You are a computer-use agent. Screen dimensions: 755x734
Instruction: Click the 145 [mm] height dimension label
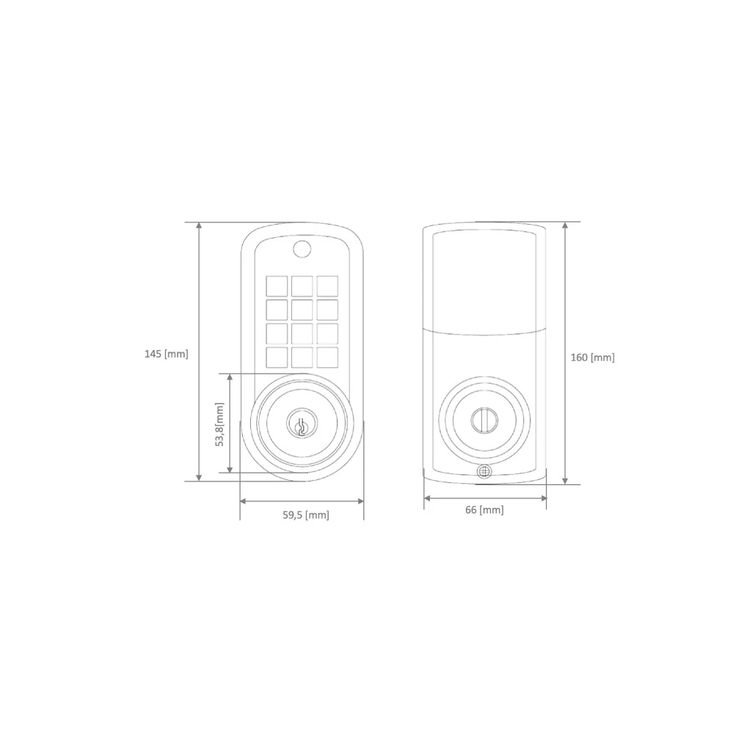[x=166, y=354]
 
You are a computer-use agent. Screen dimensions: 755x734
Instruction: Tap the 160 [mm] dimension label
[x=592, y=357]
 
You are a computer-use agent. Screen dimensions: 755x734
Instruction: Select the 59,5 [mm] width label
[x=306, y=515]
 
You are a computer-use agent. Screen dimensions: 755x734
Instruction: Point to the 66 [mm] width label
[x=484, y=509]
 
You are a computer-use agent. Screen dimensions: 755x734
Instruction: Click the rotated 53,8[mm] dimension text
[x=219, y=424]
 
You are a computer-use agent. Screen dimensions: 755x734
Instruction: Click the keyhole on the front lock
[x=302, y=425]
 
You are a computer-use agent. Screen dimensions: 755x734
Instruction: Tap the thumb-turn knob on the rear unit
[x=484, y=420]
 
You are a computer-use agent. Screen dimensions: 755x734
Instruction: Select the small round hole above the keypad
[x=302, y=249]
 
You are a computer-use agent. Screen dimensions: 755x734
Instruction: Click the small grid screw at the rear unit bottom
[x=484, y=471]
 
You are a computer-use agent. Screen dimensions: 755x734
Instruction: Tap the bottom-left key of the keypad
[x=277, y=357]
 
